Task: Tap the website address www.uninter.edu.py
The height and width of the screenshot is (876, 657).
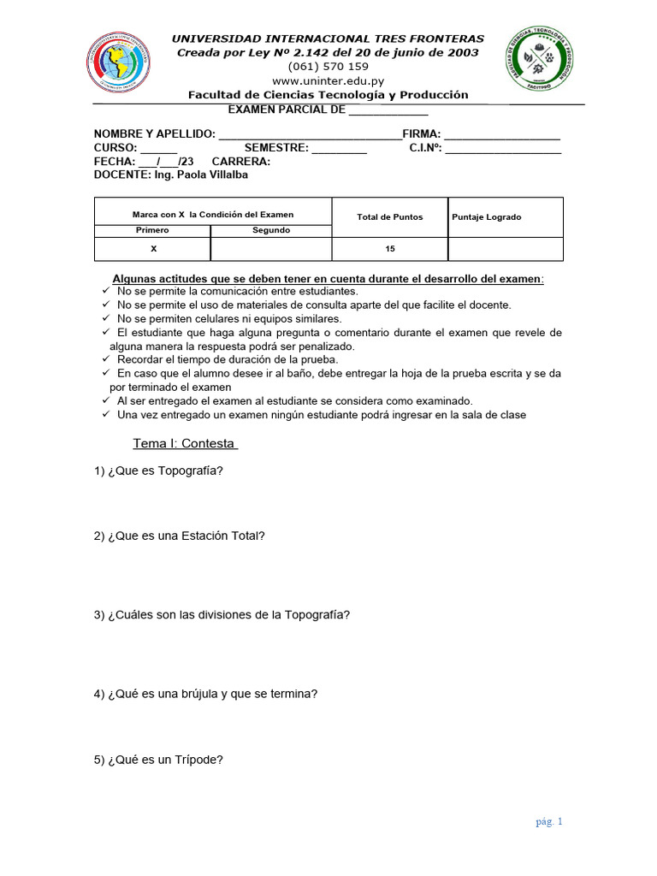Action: click(328, 80)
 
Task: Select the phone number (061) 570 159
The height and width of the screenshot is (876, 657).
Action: click(328, 67)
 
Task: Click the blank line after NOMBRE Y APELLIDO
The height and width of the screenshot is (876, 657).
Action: click(310, 135)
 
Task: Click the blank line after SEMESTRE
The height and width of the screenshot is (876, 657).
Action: click(339, 148)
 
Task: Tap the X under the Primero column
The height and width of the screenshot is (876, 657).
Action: click(153, 249)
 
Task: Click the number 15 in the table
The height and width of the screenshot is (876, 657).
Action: click(389, 249)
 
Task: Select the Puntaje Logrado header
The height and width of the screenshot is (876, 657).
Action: click(487, 217)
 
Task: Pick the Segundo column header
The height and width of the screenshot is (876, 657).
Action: click(270, 230)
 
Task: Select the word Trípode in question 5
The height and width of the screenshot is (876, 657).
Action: click(201, 759)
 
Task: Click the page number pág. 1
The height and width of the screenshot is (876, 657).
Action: click(549, 822)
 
